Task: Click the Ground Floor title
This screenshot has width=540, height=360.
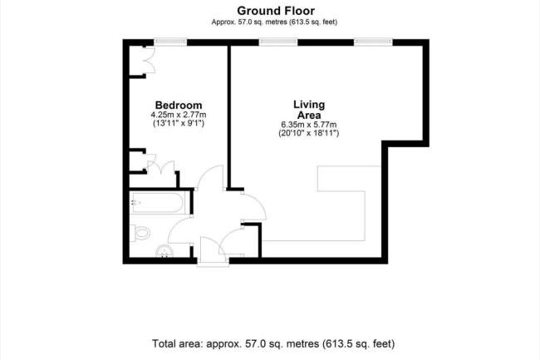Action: point(276,11)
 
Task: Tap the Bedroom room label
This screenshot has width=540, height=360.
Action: point(179,105)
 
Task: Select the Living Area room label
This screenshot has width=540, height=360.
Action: point(309,110)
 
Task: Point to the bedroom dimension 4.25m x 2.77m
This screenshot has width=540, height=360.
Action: point(179,115)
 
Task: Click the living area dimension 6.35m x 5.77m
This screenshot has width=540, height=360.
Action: point(309,125)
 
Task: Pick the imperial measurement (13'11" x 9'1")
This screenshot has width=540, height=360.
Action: point(179,123)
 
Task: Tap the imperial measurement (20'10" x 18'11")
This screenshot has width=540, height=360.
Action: point(309,133)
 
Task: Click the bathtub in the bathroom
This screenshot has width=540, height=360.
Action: point(157,203)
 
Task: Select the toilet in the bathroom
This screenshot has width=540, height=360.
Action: point(140,233)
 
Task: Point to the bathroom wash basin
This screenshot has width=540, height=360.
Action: point(164,251)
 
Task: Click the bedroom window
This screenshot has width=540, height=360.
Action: point(170,42)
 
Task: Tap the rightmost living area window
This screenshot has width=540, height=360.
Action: point(373,42)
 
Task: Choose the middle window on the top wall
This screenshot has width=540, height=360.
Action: point(278,42)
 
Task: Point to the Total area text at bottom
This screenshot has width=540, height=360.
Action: point(273,343)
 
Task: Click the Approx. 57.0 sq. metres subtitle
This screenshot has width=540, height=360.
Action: point(274,22)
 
